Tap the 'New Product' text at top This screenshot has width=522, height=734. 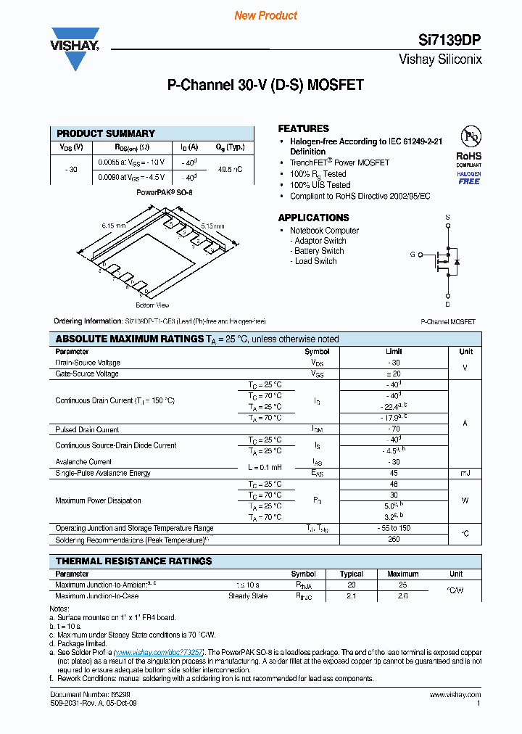(266, 15)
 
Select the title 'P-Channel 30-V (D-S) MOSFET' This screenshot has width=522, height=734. (265, 86)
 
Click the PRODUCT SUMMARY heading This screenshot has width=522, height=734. (106, 133)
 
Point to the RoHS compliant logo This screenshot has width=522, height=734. (469, 157)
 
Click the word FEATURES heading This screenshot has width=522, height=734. (304, 128)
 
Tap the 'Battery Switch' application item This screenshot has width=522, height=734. (319, 251)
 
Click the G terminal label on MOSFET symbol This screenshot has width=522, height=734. (413, 255)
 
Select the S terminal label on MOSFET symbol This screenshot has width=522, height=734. (447, 217)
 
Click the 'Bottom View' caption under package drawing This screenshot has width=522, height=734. (152, 305)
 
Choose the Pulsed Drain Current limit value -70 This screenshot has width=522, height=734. (394, 429)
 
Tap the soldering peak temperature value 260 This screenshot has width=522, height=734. (394, 540)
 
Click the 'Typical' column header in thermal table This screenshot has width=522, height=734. (352, 574)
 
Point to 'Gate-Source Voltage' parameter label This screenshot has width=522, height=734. (87, 374)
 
